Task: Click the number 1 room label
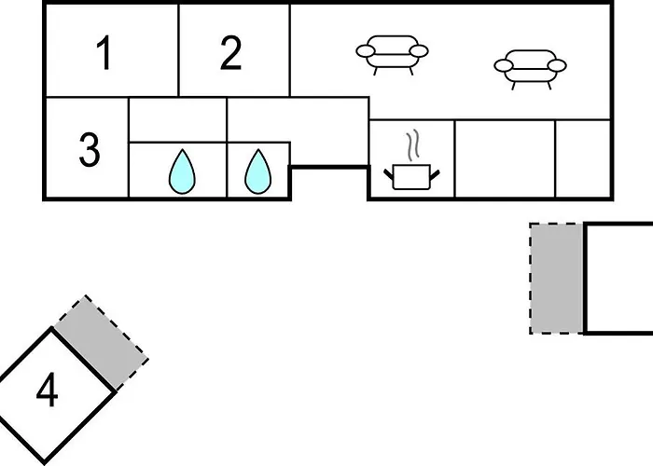(104, 53)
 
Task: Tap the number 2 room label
(230, 53)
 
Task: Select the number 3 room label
(90, 150)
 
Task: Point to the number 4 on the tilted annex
(47, 390)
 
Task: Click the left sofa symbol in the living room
(392, 55)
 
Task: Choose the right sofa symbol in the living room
(530, 70)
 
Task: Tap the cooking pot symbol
(411, 177)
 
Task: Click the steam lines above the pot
(411, 145)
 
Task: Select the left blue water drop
(182, 172)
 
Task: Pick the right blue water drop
(257, 172)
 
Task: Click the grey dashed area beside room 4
(101, 343)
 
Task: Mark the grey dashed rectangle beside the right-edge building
(557, 279)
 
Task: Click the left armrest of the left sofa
(366, 51)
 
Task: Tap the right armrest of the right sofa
(557, 65)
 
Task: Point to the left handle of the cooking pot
(389, 174)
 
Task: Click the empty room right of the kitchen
(505, 158)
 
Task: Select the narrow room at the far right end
(583, 158)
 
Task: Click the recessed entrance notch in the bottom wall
(329, 183)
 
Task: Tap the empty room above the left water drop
(178, 120)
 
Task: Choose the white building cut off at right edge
(618, 279)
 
